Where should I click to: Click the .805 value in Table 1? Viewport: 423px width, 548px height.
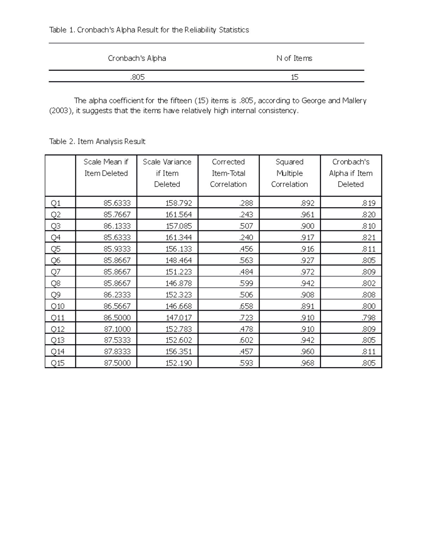coord(137,77)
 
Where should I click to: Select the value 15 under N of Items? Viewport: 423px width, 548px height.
coord(294,77)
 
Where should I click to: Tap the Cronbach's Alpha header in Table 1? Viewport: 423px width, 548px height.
coord(137,58)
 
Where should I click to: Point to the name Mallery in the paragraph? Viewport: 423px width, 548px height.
coord(354,101)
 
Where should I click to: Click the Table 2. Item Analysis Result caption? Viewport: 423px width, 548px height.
coord(97,141)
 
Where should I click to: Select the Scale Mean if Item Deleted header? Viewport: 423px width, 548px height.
coord(106,168)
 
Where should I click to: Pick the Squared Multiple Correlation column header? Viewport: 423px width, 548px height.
coord(289,173)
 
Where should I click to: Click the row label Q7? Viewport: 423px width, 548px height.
coord(56,272)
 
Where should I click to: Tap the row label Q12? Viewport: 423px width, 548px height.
coord(57,329)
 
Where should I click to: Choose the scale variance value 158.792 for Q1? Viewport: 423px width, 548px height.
coord(179,203)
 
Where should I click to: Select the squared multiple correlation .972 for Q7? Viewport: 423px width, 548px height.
coord(307,272)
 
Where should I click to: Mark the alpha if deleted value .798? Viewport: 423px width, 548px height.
coord(368,318)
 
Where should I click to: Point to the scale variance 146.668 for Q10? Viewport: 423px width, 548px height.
coord(179,306)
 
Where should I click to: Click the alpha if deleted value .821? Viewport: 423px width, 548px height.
coord(368,237)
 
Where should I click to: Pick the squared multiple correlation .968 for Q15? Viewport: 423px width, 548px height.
coord(307,363)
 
